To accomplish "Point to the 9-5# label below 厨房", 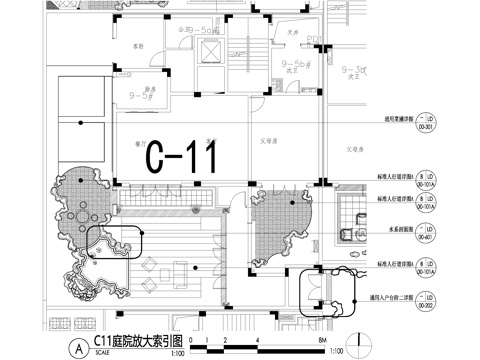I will coord(139,97).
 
